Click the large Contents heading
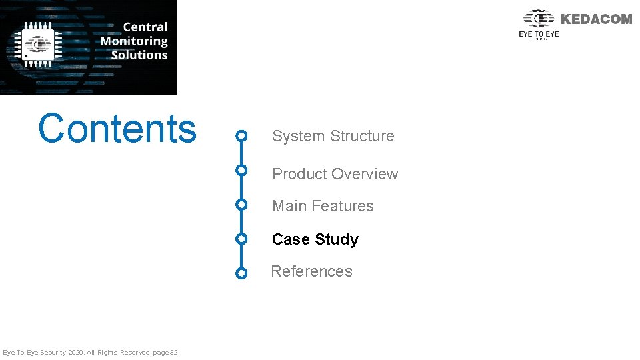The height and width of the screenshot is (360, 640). [x=117, y=129]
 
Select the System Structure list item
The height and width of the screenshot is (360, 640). [x=333, y=136]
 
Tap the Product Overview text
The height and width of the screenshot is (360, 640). [x=335, y=174]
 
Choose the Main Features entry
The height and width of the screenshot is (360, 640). [x=323, y=206]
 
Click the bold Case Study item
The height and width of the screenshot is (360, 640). [x=315, y=239]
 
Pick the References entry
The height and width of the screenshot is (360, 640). [x=311, y=271]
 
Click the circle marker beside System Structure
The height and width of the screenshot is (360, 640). [x=242, y=137]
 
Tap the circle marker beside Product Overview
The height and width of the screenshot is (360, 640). [x=242, y=170]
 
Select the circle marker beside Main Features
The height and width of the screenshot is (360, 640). [x=242, y=204]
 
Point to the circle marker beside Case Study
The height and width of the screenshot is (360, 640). [x=242, y=239]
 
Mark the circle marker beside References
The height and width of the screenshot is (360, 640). [x=242, y=273]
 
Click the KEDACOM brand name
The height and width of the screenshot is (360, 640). [x=596, y=19]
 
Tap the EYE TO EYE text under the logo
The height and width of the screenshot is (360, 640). [x=539, y=34]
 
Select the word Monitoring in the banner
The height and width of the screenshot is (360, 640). [x=134, y=41]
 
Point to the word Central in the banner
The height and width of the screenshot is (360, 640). [x=145, y=27]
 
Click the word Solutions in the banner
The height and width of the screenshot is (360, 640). [x=139, y=55]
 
